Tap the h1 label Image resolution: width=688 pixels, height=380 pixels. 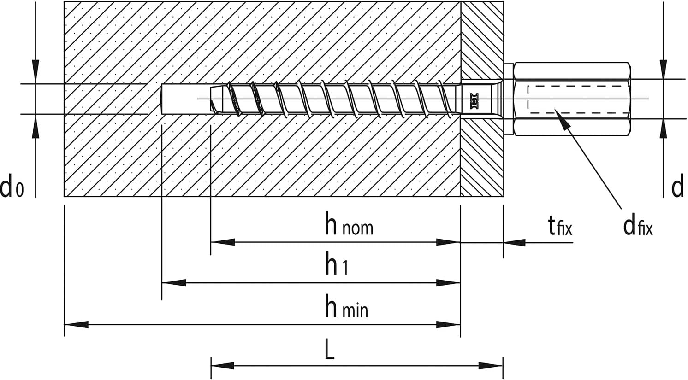click(x=337, y=263)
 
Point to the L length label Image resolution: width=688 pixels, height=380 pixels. click(x=330, y=348)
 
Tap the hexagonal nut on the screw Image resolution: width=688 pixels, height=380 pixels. click(x=572, y=99)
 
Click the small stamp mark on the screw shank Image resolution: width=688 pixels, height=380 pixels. click(x=474, y=99)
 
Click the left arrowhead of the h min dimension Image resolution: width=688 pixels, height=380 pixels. click(x=76, y=324)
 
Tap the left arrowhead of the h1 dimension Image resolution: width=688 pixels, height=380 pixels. click(x=174, y=282)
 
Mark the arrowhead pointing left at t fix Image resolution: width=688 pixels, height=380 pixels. click(x=515, y=243)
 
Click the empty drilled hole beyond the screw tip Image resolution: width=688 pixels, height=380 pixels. click(x=185, y=99)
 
